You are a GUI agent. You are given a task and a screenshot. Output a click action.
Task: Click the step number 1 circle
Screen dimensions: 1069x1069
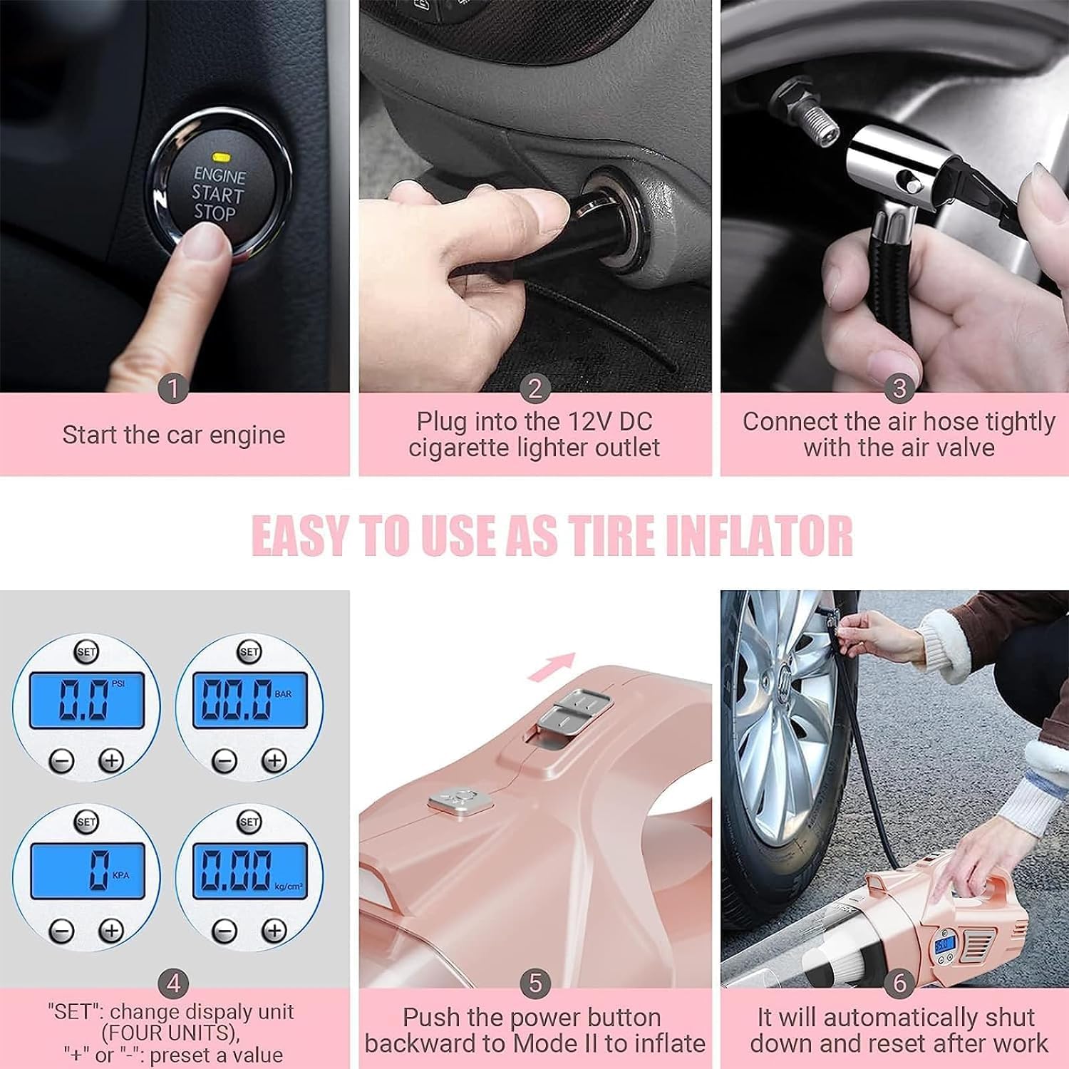pos(173,389)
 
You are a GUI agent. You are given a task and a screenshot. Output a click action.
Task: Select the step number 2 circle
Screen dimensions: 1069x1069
pos(535,389)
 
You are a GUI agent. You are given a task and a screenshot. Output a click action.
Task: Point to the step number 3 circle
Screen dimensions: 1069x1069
pos(899,389)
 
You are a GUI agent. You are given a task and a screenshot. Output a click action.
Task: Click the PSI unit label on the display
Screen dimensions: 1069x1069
pos(118,683)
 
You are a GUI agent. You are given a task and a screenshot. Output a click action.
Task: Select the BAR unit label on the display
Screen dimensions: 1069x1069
pos(282,693)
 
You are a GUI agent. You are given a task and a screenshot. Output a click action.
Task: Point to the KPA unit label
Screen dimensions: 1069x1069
pos(120,875)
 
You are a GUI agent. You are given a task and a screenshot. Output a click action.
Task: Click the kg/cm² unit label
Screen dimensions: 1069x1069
pos(288,887)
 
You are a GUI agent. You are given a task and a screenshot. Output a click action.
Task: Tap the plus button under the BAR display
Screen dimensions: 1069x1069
pos(274,760)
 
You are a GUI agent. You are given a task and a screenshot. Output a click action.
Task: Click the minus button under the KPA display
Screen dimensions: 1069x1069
pos(61,930)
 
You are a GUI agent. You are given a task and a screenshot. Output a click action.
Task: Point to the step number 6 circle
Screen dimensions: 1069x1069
pos(899,983)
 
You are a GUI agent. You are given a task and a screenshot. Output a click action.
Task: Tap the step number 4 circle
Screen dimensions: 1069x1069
pos(173,984)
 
